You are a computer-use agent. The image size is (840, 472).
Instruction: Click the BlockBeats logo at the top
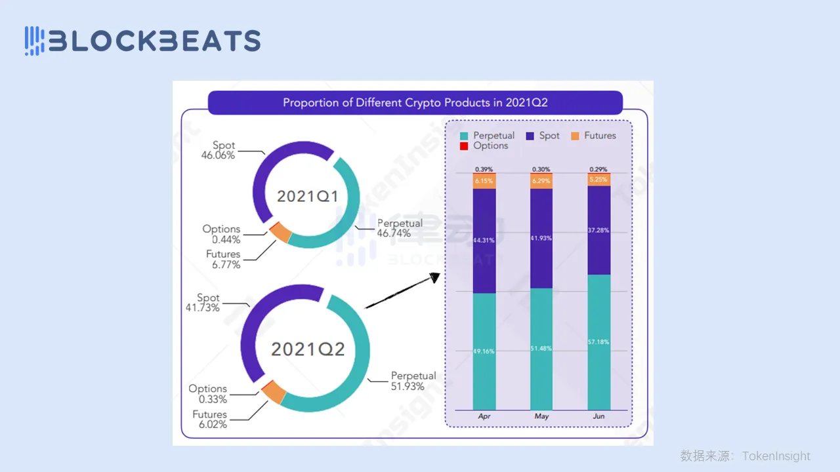[x=142, y=41]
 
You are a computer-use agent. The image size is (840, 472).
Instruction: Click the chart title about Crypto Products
[x=415, y=103]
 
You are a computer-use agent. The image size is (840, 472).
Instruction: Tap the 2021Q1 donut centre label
[x=306, y=196]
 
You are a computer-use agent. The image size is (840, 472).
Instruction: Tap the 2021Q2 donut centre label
[x=308, y=349]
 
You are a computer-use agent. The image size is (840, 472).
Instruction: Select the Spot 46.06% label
[x=218, y=151]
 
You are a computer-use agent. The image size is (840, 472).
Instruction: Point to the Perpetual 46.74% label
[x=400, y=228]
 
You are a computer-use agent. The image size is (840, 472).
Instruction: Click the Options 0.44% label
[x=221, y=234]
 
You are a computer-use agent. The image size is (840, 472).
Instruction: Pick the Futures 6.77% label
[x=223, y=260]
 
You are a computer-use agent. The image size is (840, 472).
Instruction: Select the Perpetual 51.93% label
[x=413, y=381]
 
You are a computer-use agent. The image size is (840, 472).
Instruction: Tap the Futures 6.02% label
[x=209, y=420]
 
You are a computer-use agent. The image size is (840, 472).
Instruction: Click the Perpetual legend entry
[x=487, y=136]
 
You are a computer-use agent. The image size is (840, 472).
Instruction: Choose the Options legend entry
[x=484, y=146]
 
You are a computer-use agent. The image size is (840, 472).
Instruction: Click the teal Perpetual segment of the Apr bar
[x=484, y=351]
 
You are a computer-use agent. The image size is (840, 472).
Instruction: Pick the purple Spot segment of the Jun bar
[x=598, y=230]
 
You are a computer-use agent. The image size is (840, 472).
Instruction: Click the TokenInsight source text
[x=745, y=456]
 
